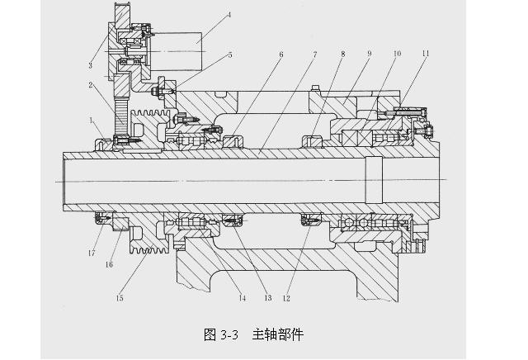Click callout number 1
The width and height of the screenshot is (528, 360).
(x=92, y=121)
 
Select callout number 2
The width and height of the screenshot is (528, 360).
(x=92, y=85)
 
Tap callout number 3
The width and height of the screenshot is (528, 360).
(x=92, y=64)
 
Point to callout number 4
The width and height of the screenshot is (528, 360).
(x=229, y=15)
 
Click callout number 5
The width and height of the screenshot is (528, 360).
(x=230, y=55)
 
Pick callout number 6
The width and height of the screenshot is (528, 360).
(x=280, y=55)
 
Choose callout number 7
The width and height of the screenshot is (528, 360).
(x=314, y=55)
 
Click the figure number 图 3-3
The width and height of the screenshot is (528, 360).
(x=220, y=334)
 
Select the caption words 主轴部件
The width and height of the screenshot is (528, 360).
(x=278, y=334)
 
